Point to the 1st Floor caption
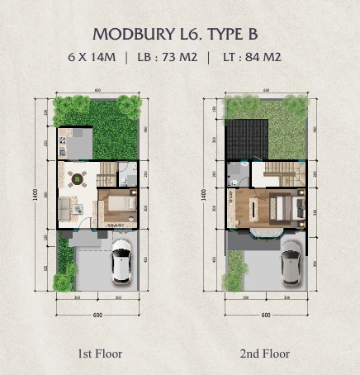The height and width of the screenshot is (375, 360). pos(99,354)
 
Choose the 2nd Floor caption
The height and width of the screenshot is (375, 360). pos(265,354)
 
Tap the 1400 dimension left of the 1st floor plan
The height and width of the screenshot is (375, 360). pos(36,195)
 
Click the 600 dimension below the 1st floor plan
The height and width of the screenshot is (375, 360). pos(97,315)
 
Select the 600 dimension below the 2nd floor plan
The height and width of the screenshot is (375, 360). pos(266,315)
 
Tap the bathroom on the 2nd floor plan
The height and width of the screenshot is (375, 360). pos(238,173)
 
